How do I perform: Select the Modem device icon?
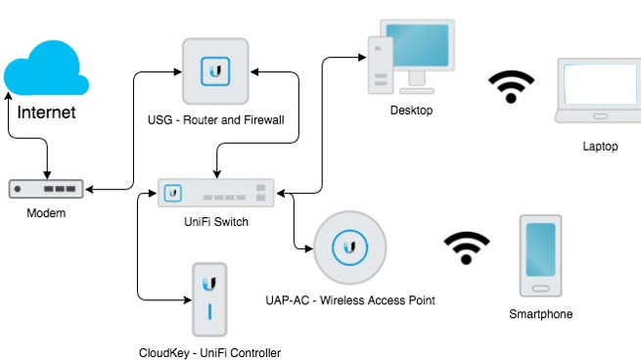tap(46, 187)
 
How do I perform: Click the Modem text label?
tap(46, 213)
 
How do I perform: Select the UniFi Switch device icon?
tap(217, 193)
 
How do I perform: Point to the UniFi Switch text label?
tap(216, 222)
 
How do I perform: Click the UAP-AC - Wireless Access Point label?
tap(349, 299)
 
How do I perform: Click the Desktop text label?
tap(411, 111)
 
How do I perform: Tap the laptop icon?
tap(598, 91)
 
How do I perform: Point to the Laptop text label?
tap(600, 146)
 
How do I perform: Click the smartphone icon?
tap(540, 255)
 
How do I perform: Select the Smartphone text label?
tap(540, 314)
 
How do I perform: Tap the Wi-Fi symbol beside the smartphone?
tap(467, 249)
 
